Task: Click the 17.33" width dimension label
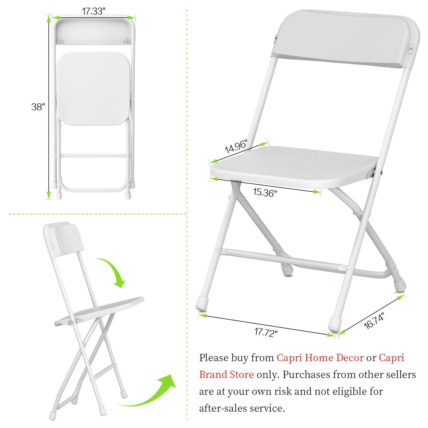point(93,11)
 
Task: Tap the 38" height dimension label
point(38,107)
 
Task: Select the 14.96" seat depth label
point(235,147)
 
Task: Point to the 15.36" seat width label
point(265,193)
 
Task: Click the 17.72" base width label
point(266,332)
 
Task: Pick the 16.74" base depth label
point(374,321)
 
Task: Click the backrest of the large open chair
point(345,39)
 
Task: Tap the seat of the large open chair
point(293,166)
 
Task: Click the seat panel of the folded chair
point(93,88)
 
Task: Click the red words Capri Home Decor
point(320,358)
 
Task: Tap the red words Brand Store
point(226,375)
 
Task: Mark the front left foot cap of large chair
point(202,304)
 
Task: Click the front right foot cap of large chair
point(335,323)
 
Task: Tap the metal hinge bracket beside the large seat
point(370,173)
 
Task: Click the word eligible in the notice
point(341,392)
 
